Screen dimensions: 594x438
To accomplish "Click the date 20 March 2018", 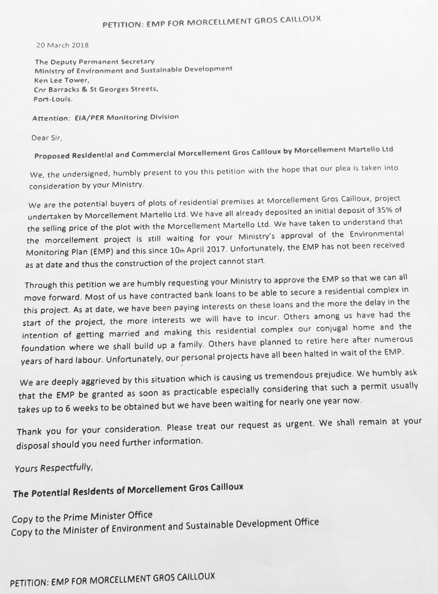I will (62, 45).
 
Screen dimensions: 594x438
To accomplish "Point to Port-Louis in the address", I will (53, 100).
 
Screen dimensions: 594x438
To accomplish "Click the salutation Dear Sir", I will (47, 138).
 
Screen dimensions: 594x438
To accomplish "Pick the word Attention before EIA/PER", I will (51, 118).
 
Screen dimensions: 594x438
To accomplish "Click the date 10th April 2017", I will (198, 250).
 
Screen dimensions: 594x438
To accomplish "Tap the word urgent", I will (302, 424).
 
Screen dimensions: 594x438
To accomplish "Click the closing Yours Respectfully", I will (54, 468).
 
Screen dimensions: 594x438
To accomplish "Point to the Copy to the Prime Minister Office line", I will (82, 517).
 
